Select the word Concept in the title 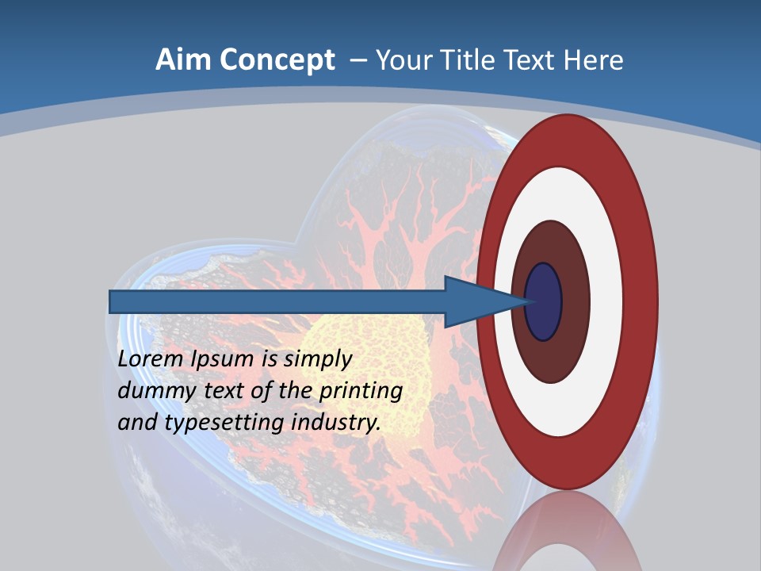pyautogui.click(x=276, y=60)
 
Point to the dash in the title pyautogui.click(x=358, y=60)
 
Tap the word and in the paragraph pyautogui.click(x=137, y=423)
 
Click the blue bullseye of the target pyautogui.click(x=544, y=301)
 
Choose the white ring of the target pyautogui.click(x=606, y=301)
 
